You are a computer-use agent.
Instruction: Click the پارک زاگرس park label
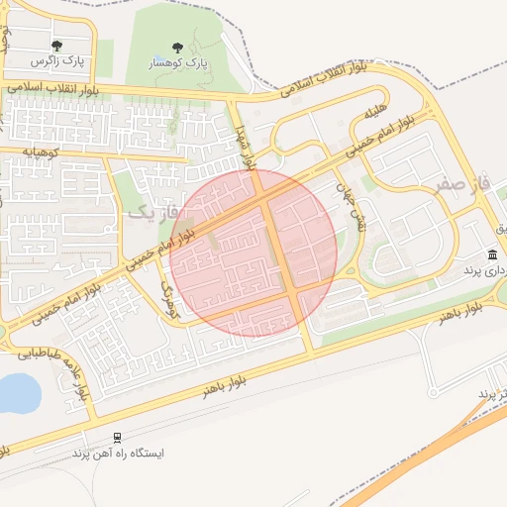(x=57, y=61)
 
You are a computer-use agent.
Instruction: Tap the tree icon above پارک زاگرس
(x=56, y=45)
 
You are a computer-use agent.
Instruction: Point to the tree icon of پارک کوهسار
(x=177, y=47)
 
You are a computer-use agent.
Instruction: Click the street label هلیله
(x=374, y=114)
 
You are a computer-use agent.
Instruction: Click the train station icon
(x=118, y=437)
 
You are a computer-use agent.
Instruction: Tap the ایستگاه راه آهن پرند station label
(x=118, y=453)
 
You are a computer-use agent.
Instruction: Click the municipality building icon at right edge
(x=492, y=254)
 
